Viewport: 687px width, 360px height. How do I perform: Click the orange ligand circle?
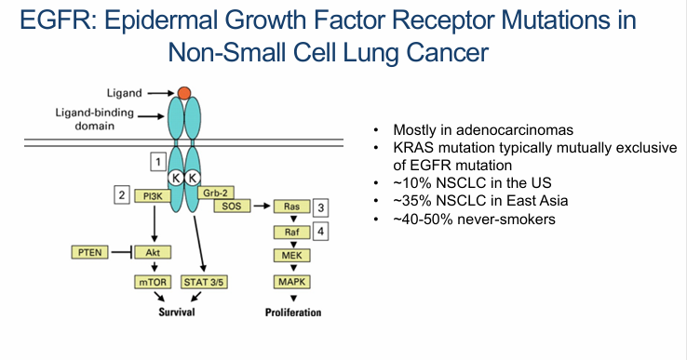184,93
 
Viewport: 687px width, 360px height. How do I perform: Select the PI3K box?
153,196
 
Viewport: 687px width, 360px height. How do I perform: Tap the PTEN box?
89,252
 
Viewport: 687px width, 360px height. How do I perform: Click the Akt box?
153,252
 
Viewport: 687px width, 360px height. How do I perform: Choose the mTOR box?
153,282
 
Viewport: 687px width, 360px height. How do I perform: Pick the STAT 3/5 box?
204,282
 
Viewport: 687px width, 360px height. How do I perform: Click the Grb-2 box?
216,193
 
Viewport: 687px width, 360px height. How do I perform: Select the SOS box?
232,206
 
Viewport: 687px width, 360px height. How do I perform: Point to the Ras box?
291,207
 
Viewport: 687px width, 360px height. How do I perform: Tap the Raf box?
291,233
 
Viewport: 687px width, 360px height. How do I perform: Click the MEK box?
291,255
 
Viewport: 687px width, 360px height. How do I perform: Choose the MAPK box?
291,282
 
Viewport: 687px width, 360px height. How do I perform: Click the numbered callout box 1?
158,162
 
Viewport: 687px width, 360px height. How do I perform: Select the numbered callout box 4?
321,232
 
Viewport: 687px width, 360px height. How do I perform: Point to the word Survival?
177,312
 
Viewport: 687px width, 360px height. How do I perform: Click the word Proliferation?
293,313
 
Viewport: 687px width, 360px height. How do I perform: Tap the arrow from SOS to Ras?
262,206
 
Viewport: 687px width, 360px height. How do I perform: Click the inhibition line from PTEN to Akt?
122,252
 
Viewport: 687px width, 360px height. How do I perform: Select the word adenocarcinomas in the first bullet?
515,130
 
